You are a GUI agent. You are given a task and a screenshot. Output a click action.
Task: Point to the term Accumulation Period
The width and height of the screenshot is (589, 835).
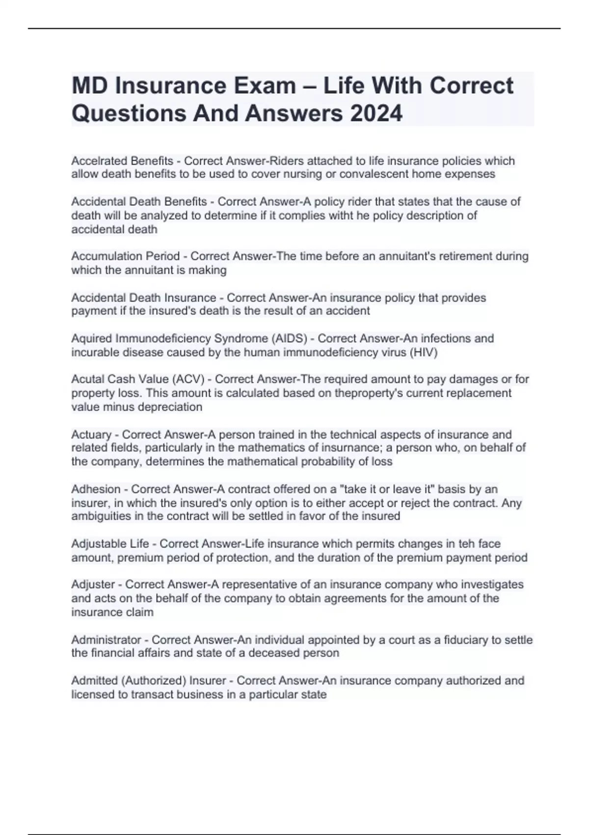click(125, 256)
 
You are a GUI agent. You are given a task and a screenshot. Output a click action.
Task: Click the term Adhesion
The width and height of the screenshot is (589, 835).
click(96, 489)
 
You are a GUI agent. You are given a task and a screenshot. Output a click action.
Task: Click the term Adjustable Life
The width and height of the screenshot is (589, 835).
click(110, 544)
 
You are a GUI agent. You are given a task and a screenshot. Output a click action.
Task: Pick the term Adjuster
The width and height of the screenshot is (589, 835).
click(93, 584)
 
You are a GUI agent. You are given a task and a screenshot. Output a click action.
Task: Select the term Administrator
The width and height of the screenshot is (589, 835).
click(106, 640)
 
